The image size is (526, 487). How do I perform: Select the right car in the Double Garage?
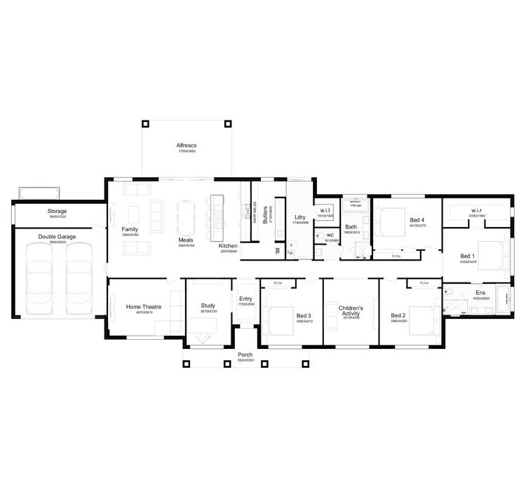coord(80,279)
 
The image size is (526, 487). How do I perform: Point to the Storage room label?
coord(57,211)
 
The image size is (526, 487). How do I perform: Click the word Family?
coord(129,229)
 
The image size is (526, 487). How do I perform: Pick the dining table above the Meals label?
coord(185,218)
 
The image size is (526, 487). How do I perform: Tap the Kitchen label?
coord(228,246)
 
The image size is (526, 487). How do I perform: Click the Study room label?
coord(208,306)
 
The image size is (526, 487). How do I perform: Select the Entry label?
coord(245,299)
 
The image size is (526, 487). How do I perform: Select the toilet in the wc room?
coord(319,236)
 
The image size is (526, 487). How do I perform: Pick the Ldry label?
coord(299,217)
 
